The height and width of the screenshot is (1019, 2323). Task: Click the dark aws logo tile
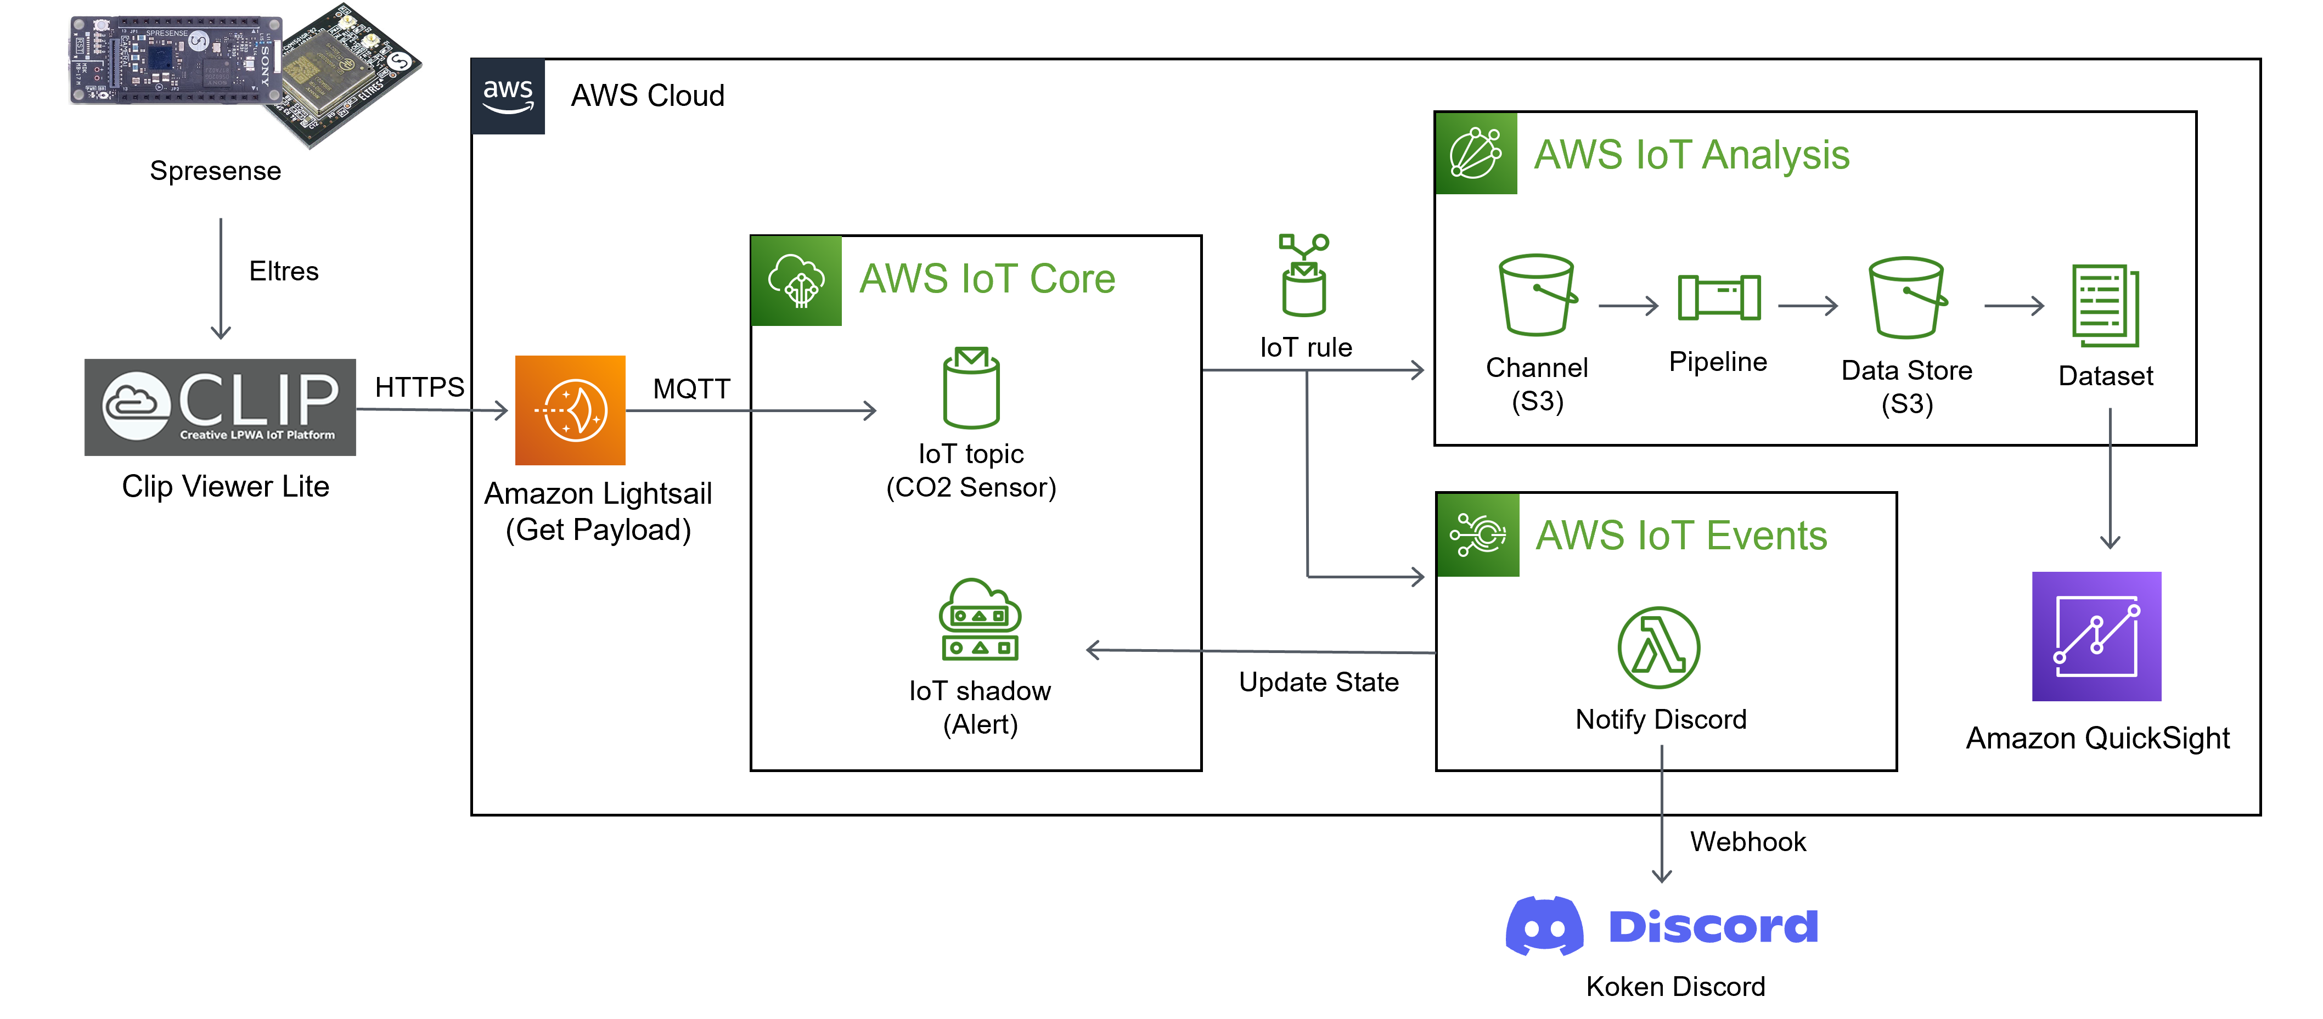pos(508,97)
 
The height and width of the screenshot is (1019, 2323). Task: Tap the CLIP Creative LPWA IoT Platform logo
pos(220,408)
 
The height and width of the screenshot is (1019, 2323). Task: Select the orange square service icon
pos(570,410)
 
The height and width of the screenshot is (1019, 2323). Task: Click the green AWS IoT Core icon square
pos(796,280)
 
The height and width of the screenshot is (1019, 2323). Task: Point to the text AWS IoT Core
pos(987,279)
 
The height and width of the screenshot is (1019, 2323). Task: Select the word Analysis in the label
pos(1776,155)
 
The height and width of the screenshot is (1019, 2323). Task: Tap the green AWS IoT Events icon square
pos(1478,535)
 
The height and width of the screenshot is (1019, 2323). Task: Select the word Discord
pos(1713,927)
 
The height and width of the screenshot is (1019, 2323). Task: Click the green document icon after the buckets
pos(2106,306)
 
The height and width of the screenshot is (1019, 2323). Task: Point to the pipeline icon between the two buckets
pos(1719,297)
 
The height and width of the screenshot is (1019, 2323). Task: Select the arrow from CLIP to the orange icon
pos(433,410)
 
